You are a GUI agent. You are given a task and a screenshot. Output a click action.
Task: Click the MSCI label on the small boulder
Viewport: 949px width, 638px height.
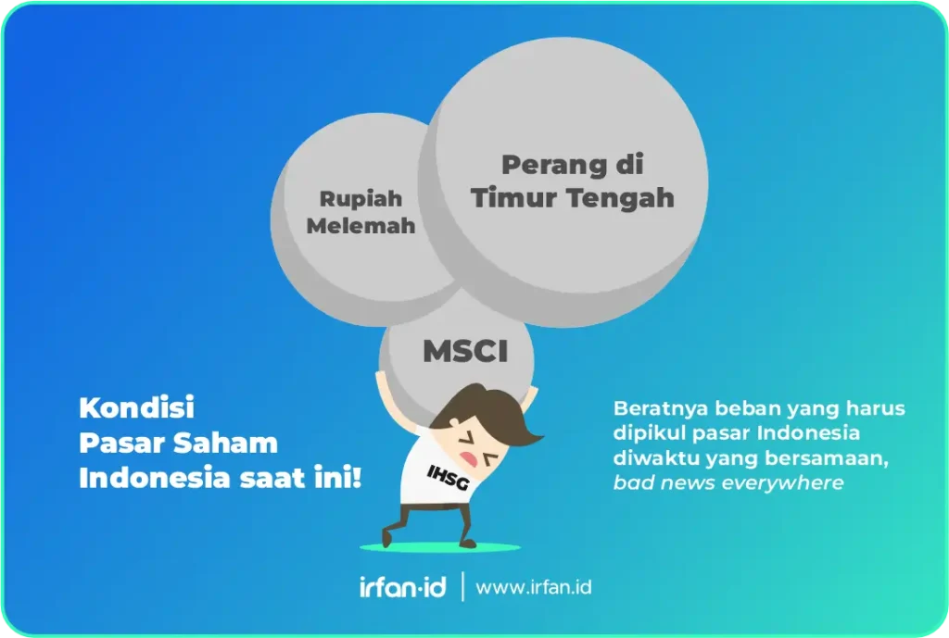(464, 352)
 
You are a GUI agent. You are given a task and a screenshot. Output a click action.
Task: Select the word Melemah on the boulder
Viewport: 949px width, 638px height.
(361, 226)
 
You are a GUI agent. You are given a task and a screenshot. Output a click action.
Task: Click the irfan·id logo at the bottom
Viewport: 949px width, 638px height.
(402, 587)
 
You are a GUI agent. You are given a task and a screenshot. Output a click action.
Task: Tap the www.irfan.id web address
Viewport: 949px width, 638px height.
(533, 587)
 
